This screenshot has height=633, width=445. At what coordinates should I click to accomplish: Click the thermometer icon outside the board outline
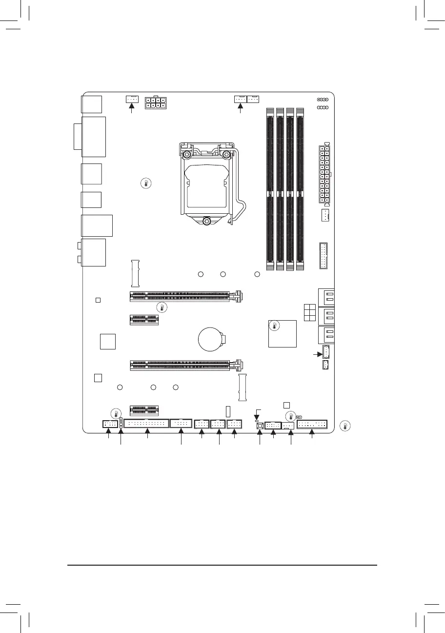[345, 426]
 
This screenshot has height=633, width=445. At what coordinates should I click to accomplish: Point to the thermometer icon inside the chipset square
[275, 326]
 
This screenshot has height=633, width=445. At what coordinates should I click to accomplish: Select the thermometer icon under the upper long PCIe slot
[162, 307]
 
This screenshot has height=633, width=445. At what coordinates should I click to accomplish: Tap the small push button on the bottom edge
[260, 426]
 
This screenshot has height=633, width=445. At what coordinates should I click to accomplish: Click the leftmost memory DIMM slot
[270, 188]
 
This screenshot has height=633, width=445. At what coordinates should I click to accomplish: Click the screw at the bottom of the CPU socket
[207, 221]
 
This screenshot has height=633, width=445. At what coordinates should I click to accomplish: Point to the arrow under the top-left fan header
[131, 109]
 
